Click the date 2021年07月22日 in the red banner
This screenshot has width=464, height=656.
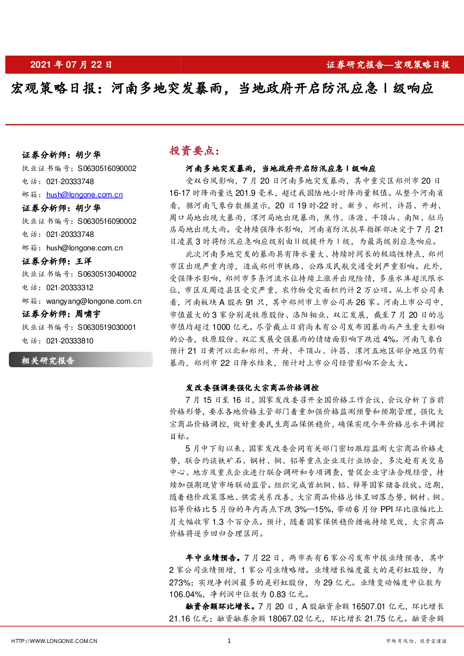tap(71, 64)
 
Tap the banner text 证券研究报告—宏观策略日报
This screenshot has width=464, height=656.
tap(388, 65)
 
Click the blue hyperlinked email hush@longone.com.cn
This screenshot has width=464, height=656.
tap(85, 195)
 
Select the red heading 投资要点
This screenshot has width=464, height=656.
tap(194, 150)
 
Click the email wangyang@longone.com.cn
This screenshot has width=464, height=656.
tap(94, 301)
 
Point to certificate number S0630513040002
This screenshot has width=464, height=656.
tap(107, 274)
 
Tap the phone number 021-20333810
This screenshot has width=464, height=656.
tap(70, 341)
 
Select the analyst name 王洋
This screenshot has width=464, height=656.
tap(84, 261)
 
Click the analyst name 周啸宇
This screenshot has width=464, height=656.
tap(88, 314)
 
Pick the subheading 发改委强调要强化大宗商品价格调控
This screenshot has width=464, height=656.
tap(252, 388)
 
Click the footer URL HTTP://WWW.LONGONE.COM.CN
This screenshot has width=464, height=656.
tap(54, 641)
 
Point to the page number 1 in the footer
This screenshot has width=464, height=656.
tap(229, 641)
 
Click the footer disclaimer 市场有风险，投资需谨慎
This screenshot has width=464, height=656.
tap(416, 641)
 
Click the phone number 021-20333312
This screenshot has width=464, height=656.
tap(70, 288)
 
